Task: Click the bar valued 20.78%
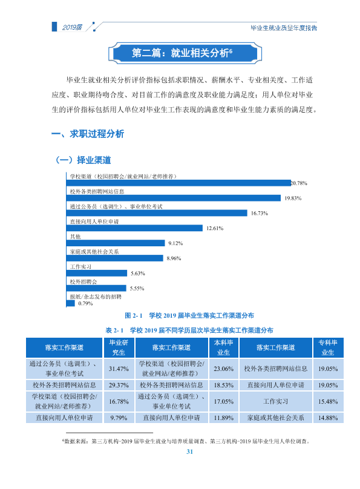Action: click(178, 183)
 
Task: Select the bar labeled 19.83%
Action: click(173, 198)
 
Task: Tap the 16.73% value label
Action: click(260, 213)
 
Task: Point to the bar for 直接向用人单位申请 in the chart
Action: click(134, 228)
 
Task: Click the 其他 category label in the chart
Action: click(75, 237)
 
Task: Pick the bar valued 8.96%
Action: click(115, 258)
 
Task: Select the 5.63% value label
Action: click(138, 274)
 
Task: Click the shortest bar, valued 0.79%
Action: click(70, 303)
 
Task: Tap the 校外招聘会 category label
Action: click(83, 282)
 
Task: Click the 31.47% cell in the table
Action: click(119, 369)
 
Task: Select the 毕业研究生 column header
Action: click(119, 347)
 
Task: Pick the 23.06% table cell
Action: click(223, 369)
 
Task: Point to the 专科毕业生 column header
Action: click(328, 347)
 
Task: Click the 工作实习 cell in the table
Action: click(275, 401)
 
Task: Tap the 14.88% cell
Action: click(328, 418)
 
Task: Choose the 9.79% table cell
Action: click(119, 418)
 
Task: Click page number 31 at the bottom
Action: click(190, 451)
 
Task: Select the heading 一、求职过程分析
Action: click(88, 134)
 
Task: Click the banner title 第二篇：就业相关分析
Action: click(182, 53)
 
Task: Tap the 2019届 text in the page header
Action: click(72, 27)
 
